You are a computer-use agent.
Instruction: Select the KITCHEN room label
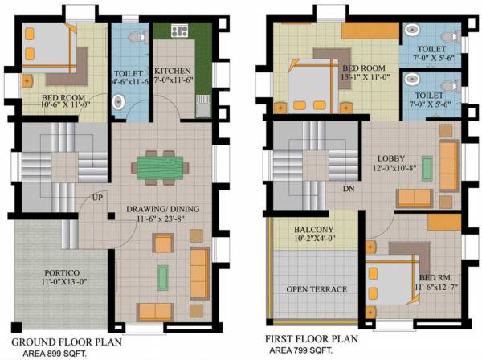click(x=172, y=70)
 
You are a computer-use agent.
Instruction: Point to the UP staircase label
click(x=97, y=197)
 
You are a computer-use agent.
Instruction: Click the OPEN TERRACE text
click(x=317, y=289)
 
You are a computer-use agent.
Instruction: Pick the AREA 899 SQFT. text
click(x=55, y=352)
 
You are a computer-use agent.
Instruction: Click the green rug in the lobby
click(x=427, y=169)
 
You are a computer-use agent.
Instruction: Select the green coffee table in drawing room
click(x=164, y=276)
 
